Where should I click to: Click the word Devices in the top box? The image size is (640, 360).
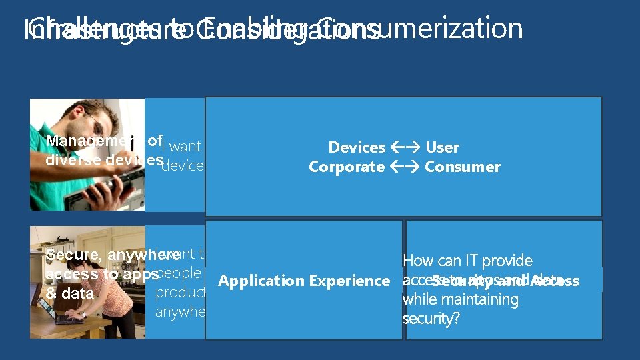point(357,147)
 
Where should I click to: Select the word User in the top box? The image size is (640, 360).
point(442,147)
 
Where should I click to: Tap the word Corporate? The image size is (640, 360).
point(346,167)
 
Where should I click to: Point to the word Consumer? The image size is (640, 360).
point(462,167)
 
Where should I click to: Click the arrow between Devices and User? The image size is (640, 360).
point(405,147)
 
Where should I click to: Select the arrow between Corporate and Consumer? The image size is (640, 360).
point(405,167)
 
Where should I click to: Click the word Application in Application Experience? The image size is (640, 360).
point(259,281)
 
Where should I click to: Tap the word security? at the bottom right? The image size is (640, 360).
point(431,319)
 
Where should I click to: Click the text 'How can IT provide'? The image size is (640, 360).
point(467,261)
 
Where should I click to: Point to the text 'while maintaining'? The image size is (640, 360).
point(461,300)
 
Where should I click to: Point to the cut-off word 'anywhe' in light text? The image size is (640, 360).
point(179,311)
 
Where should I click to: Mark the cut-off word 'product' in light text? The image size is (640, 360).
point(179,293)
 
